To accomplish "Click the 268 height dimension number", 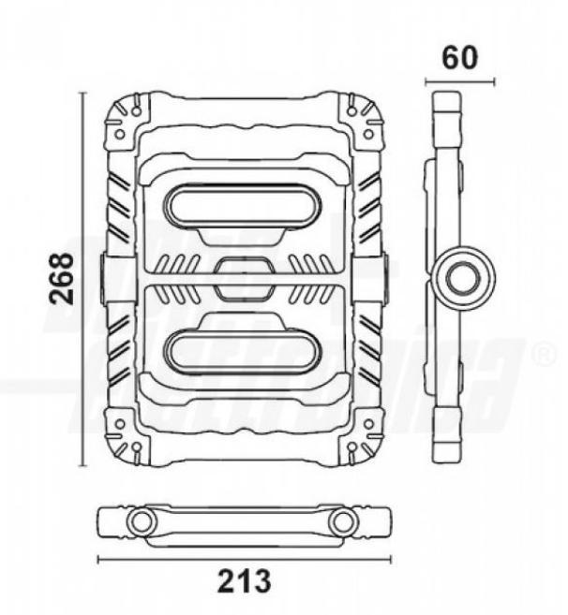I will (62, 278).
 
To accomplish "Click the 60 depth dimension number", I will (460, 57).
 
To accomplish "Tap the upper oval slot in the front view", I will (242, 205).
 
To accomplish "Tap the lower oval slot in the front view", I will (242, 349).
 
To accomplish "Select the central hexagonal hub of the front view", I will (242, 278).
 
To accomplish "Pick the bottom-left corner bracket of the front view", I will (124, 435).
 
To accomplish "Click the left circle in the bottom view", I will (142, 521).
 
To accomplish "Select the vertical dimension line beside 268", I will (84, 278).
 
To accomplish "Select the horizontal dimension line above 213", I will (243, 560).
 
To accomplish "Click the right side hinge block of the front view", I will (376, 278).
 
